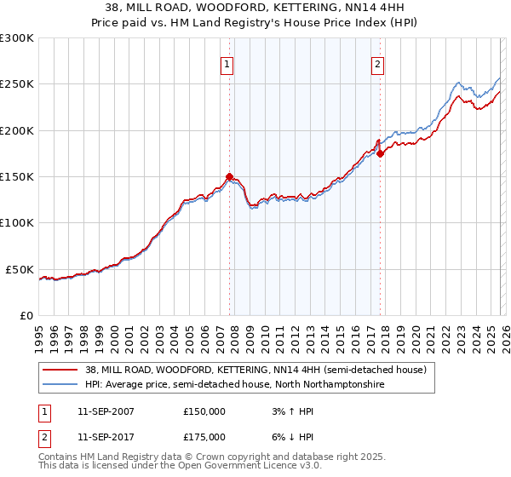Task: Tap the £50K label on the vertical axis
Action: [20, 269]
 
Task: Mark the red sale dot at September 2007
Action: [229, 177]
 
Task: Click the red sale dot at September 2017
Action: [380, 153]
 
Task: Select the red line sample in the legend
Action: [60, 370]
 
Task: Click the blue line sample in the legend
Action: [60, 385]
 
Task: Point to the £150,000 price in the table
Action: [204, 411]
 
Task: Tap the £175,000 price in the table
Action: [204, 436]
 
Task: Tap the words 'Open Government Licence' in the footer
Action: [242, 468]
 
